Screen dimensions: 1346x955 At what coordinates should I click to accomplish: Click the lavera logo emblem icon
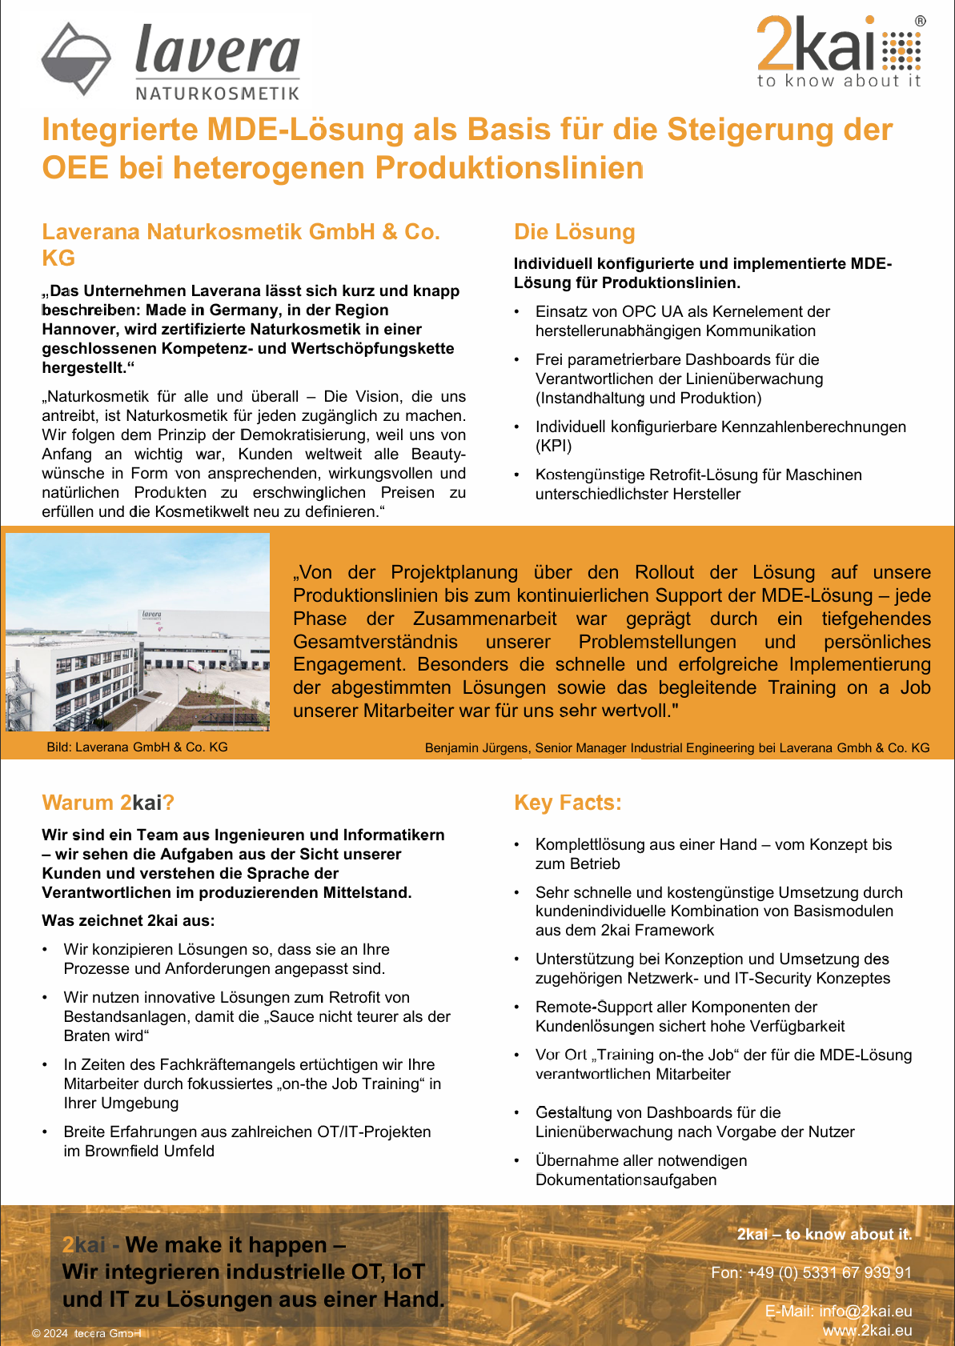coord(76,58)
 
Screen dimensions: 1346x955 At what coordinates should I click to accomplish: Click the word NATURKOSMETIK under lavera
coord(217,94)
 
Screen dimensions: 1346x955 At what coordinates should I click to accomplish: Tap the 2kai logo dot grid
coord(902,50)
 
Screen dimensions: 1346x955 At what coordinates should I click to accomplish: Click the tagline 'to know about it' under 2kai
coord(838,81)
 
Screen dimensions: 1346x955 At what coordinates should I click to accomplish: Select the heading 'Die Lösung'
coord(574,232)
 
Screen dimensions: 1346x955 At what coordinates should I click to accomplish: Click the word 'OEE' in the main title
coord(74,168)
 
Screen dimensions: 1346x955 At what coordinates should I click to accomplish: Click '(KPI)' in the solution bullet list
coord(553,446)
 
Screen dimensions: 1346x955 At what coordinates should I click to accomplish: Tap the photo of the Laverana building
coord(138,632)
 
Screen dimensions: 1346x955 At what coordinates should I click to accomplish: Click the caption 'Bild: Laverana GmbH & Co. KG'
coord(137,747)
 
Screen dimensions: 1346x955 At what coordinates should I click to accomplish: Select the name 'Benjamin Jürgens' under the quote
coord(476,747)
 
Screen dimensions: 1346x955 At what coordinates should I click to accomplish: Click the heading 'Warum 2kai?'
coord(108,803)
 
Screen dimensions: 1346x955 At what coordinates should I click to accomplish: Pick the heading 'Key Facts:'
coord(568,803)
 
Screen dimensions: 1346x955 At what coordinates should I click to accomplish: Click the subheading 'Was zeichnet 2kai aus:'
coord(128,920)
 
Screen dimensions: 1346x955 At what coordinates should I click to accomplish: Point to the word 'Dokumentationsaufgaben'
coord(626,1180)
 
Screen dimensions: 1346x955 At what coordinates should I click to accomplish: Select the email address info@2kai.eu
coord(865,1311)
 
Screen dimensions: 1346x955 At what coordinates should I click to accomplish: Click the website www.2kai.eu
coord(867,1330)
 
